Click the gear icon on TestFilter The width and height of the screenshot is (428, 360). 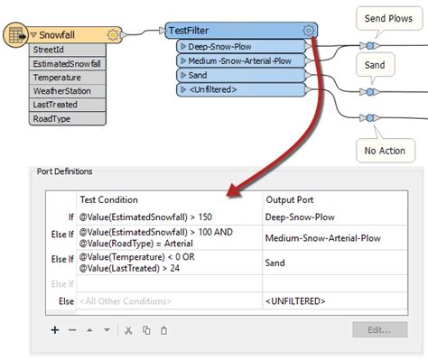[x=309, y=30]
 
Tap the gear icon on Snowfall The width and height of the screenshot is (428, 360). [x=113, y=34]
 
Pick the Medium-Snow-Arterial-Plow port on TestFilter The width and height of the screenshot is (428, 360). [x=239, y=60]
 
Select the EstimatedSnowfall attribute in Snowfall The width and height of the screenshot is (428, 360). [x=68, y=64]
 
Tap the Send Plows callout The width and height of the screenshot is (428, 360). [x=387, y=17]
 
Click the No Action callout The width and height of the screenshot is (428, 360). [x=384, y=152]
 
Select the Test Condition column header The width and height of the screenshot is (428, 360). [x=109, y=198]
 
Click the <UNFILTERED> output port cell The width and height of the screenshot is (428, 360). [x=294, y=300]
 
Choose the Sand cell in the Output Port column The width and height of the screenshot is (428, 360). [x=276, y=263]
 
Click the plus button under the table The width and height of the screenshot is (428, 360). [x=55, y=330]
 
